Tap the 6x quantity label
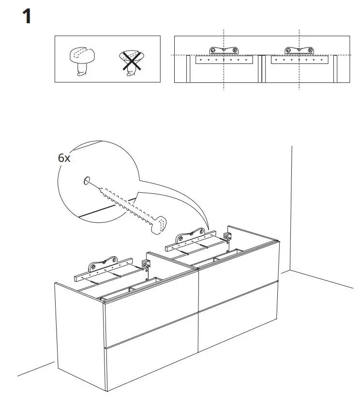tap(63, 158)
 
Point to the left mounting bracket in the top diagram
tap(223, 51)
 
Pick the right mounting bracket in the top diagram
tap(299, 51)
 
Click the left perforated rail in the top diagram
tap(223, 60)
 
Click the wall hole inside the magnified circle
tap(86, 181)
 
